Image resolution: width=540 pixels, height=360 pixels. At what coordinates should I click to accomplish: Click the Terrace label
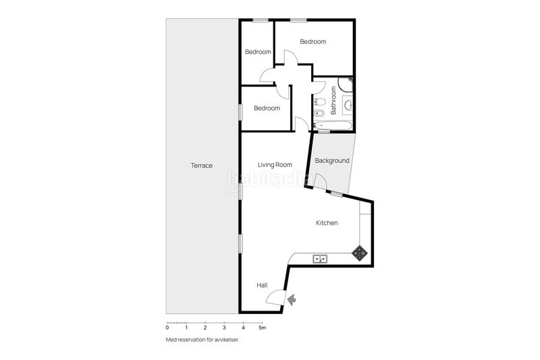click(201, 165)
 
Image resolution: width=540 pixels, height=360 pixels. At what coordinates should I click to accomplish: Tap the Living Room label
click(275, 164)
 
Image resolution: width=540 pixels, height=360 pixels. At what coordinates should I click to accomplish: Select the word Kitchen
click(327, 223)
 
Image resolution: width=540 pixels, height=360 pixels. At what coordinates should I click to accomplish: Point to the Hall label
click(262, 286)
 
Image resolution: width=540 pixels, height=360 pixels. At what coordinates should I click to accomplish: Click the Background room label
click(332, 161)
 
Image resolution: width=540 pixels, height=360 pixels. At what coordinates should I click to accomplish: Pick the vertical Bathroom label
click(333, 102)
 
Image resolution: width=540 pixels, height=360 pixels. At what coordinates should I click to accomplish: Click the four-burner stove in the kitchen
click(360, 253)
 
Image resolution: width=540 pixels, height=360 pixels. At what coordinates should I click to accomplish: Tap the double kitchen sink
click(320, 258)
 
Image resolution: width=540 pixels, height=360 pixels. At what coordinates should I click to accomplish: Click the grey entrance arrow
click(292, 299)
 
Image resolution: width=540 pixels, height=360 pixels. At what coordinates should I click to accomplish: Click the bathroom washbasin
click(348, 105)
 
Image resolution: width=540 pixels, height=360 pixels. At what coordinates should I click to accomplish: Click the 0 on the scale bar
click(167, 328)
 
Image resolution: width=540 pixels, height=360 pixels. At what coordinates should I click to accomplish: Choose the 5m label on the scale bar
click(263, 328)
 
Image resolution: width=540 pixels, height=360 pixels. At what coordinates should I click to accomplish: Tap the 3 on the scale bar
click(223, 328)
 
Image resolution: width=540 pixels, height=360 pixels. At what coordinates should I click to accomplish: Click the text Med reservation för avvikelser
click(202, 340)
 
